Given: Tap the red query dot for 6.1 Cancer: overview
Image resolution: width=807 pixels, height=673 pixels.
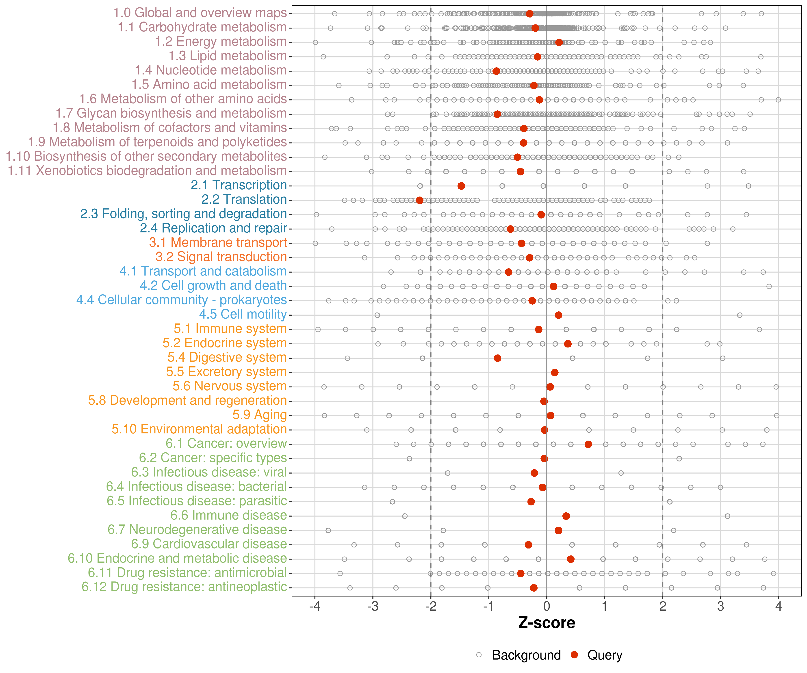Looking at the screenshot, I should (x=588, y=444).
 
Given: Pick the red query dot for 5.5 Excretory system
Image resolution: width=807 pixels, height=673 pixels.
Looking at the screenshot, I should (x=555, y=372).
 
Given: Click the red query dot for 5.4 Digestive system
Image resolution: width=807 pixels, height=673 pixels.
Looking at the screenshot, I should (x=497, y=358).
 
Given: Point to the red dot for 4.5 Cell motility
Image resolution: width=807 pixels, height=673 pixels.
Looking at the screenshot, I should (x=558, y=315).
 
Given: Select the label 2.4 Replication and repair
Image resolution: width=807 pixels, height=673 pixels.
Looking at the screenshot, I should (x=213, y=228).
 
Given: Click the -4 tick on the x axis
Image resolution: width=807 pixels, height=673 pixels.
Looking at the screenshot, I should (x=315, y=606).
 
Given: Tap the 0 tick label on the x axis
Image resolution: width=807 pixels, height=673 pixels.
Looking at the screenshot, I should (x=547, y=606).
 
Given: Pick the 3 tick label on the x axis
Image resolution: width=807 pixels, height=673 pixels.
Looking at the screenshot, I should (x=720, y=606).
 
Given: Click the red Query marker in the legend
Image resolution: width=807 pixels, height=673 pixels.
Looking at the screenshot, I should (x=575, y=655).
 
